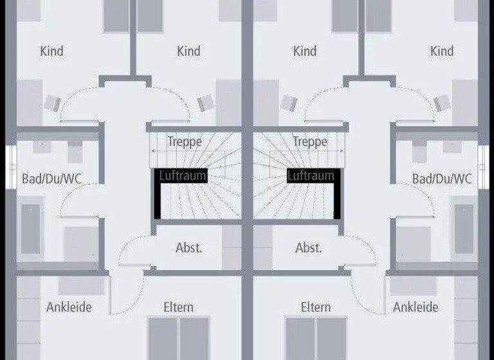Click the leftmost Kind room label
pos(51,51)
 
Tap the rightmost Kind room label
pos(442,51)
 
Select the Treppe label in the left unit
pos(185,141)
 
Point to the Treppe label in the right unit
pos(310,141)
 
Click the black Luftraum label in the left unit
pos(183,175)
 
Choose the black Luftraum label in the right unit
pos(311,175)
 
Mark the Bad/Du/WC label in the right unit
pos(442,178)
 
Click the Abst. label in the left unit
pos(189,248)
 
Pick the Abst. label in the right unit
pos(308,248)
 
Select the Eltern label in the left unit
pos(178,307)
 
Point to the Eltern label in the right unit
pos(316,307)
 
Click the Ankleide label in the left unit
pos(69,307)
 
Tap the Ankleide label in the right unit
pos(416,307)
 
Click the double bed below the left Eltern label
pos(178,339)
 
